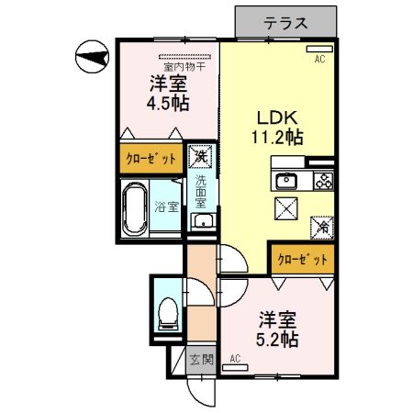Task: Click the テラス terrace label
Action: (x=285, y=22)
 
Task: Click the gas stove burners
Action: (x=323, y=179)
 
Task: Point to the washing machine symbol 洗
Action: (x=199, y=157)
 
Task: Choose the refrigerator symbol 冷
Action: (x=323, y=224)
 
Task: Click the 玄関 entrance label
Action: (x=201, y=360)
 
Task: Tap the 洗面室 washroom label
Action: (x=201, y=195)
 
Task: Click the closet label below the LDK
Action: (x=302, y=261)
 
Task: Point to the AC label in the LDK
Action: (x=320, y=60)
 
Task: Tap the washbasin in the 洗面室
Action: (x=201, y=222)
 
